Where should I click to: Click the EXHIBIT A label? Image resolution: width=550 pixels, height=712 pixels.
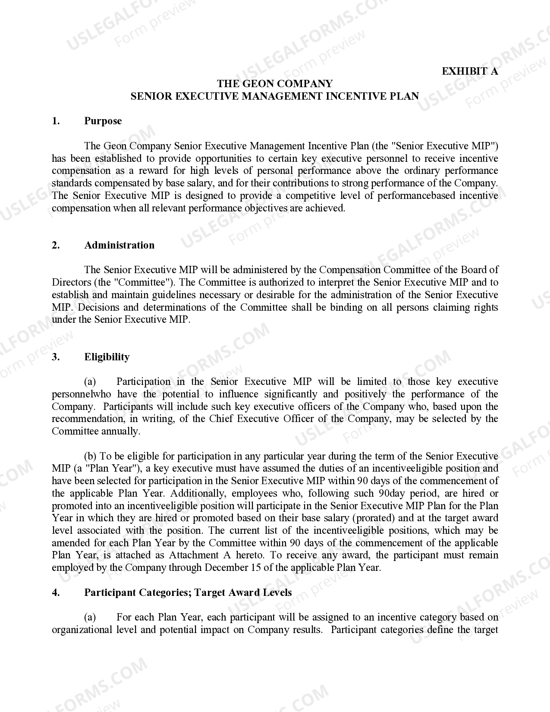[470, 71]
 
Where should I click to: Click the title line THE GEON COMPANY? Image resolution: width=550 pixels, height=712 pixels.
[275, 83]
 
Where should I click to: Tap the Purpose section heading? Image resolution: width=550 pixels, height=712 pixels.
[103, 121]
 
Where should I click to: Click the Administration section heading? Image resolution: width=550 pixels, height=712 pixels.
[119, 245]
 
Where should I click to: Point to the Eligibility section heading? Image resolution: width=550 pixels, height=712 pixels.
[107, 357]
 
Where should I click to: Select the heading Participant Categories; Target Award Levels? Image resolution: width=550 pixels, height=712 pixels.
[188, 592]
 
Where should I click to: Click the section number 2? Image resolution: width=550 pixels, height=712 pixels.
[56, 245]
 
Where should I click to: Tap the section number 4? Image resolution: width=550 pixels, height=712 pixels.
[56, 592]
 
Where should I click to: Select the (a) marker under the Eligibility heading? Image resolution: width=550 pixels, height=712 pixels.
[90, 381]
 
